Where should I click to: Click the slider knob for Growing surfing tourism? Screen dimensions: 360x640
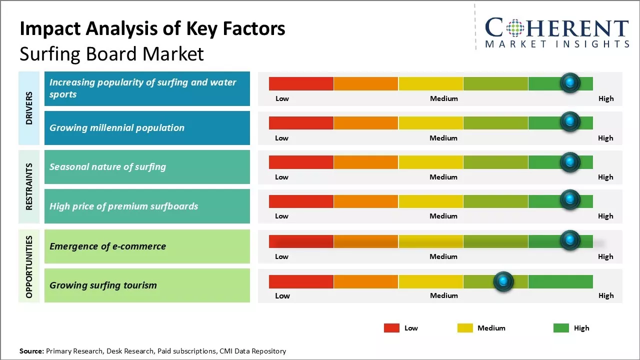click(x=503, y=282)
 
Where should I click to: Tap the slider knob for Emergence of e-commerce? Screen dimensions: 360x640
click(x=570, y=240)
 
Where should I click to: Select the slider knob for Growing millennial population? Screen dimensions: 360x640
click(x=570, y=122)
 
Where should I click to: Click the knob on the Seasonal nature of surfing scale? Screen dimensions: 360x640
click(x=570, y=162)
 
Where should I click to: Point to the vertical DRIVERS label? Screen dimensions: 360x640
click(x=29, y=108)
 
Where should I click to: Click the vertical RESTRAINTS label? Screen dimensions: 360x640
click(x=29, y=186)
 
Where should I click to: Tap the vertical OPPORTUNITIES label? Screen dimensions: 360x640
click(x=29, y=267)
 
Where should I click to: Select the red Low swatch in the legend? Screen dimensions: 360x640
click(x=391, y=328)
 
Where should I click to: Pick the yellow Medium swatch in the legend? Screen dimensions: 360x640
click(x=465, y=328)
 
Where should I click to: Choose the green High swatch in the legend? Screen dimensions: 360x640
click(x=561, y=328)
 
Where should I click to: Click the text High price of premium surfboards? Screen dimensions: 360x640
click(x=123, y=206)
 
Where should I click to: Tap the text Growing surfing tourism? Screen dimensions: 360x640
click(x=103, y=285)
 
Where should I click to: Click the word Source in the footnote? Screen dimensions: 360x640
click(x=31, y=351)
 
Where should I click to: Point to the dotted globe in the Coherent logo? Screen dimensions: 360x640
click(x=514, y=28)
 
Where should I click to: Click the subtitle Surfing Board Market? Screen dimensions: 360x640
click(x=111, y=54)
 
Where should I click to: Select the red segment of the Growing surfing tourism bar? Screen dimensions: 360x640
click(x=301, y=282)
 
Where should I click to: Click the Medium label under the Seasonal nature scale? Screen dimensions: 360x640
click(x=443, y=177)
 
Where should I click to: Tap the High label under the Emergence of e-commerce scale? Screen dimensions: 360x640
click(x=605, y=256)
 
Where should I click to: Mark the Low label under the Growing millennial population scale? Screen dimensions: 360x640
click(x=281, y=138)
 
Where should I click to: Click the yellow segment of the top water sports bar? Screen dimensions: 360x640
click(x=430, y=83)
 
